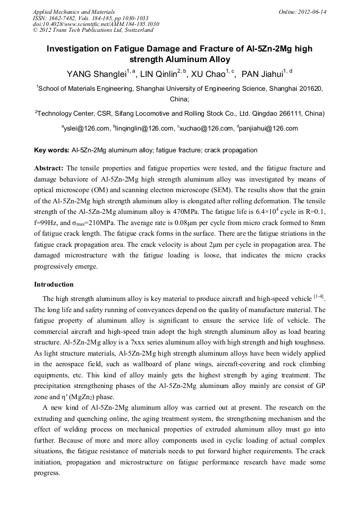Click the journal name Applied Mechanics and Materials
74,12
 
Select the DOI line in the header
96,24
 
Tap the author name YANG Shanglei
98,74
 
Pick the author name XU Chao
208,74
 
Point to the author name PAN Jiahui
261,74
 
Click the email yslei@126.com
87,128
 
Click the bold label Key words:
52,151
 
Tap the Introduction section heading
54,284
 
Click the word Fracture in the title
198,49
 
